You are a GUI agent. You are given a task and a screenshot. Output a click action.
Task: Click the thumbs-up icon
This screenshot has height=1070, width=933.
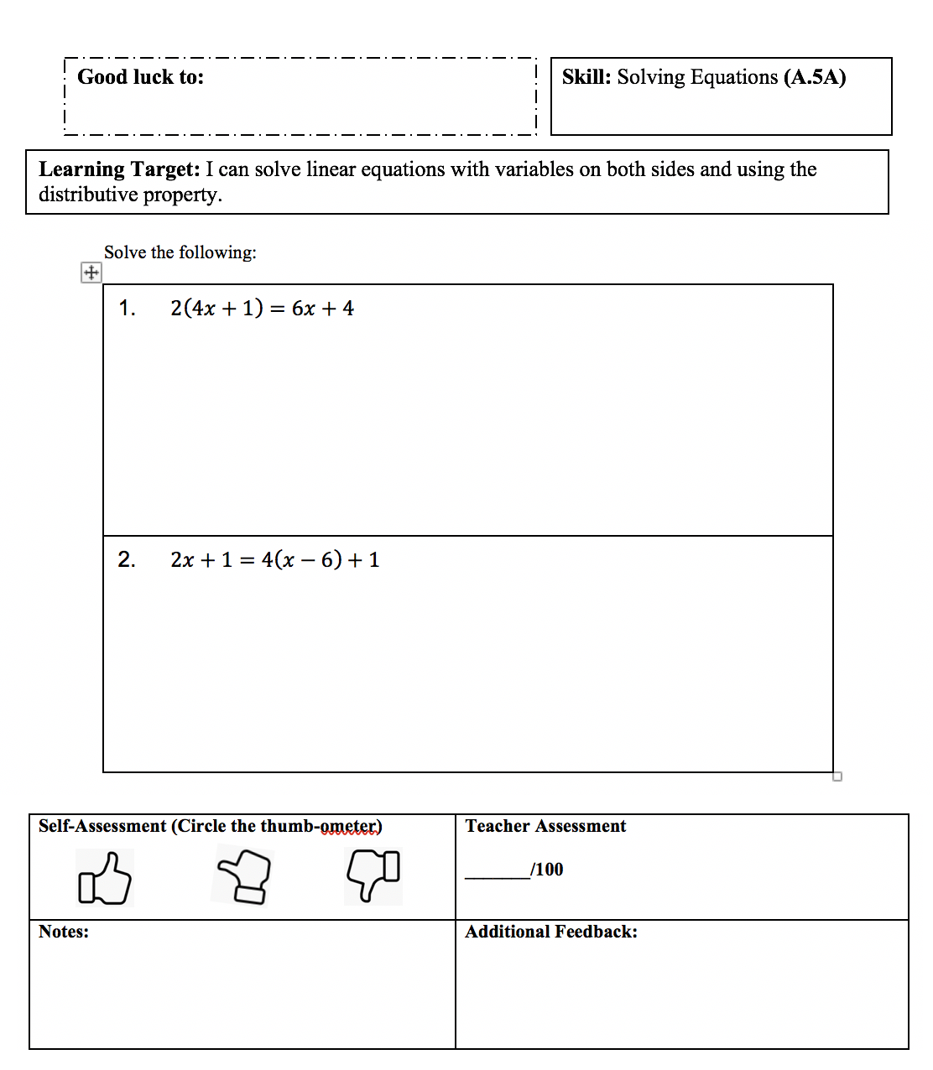pos(105,878)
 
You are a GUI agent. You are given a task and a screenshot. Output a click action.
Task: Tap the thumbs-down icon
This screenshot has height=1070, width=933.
pos(373,875)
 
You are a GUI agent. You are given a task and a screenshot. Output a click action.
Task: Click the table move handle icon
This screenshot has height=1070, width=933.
pos(91,273)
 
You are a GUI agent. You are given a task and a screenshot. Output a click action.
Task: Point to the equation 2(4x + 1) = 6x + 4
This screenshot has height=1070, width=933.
pos(262,309)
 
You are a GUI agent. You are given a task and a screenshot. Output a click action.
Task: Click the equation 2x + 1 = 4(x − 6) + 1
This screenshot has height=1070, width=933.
pos(274,560)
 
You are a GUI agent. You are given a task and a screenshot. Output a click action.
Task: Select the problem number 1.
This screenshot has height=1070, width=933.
pos(127,309)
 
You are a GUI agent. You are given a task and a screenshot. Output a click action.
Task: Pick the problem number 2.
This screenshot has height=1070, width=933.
pos(127,560)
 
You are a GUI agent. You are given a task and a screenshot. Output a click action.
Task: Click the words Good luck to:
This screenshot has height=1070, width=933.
pos(140,77)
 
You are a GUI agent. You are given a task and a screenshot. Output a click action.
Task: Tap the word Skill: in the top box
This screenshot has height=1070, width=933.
pos(586,77)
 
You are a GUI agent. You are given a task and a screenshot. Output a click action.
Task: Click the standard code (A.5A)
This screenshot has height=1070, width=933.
pos(815,77)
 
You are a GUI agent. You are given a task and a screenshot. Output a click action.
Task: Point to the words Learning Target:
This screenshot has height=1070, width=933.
pos(119,169)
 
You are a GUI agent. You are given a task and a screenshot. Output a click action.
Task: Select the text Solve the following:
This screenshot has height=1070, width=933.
pos(180,252)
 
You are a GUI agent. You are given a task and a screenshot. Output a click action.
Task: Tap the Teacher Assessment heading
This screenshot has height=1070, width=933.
pos(545,826)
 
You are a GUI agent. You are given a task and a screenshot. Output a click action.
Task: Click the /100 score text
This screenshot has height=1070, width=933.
pos(547,870)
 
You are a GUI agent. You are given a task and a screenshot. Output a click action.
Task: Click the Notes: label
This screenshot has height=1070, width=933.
pos(64,932)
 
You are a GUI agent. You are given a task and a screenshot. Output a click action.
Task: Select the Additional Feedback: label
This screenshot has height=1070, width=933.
pos(551,932)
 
